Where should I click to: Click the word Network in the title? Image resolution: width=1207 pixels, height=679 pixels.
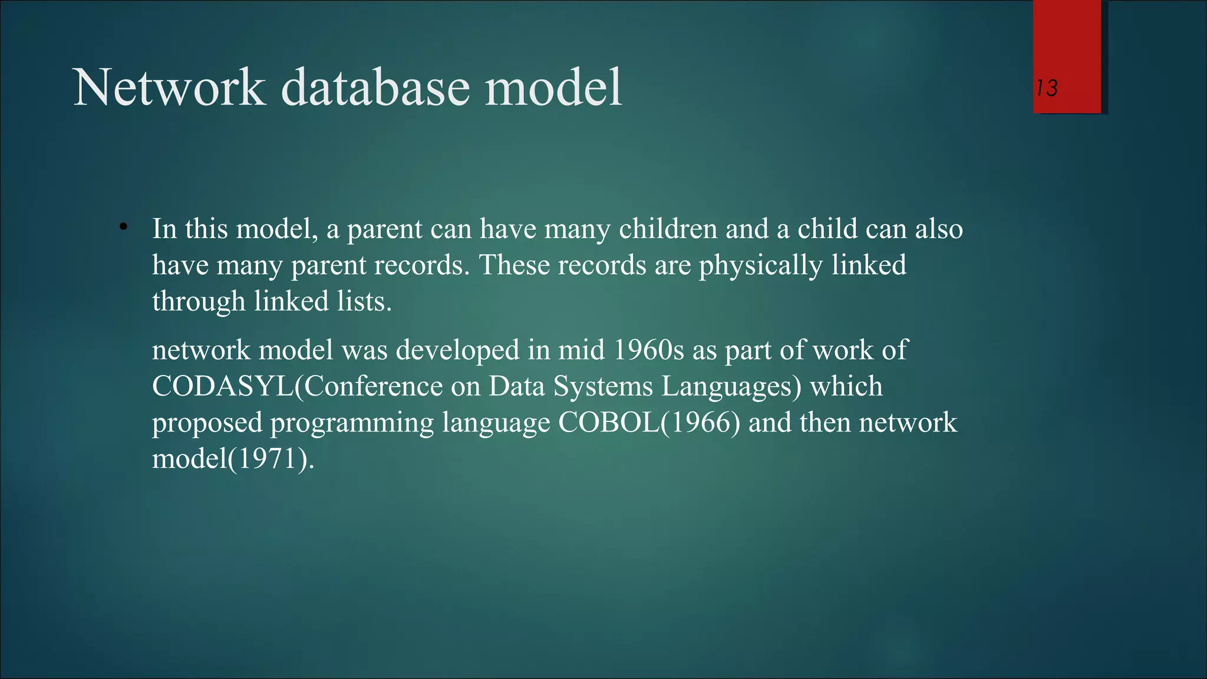[169, 88]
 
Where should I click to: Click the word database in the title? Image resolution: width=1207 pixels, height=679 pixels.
[375, 88]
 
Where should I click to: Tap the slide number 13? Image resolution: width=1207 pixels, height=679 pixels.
[1047, 88]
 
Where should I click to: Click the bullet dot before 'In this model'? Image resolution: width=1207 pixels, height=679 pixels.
[123, 227]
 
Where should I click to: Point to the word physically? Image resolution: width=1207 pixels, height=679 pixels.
[760, 265]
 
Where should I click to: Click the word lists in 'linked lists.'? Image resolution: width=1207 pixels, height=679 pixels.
[364, 301]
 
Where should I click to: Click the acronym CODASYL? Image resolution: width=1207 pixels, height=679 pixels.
[222, 387]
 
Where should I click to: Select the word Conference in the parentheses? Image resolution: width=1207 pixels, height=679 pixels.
[372, 387]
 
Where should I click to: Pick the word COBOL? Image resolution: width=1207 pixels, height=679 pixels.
[609, 423]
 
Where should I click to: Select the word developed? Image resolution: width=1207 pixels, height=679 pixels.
[457, 350]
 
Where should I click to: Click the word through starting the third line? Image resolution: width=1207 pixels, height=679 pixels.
[199, 301]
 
